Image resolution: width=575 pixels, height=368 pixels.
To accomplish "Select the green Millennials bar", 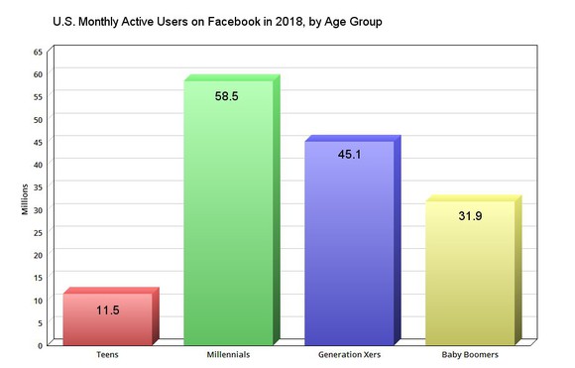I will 228,218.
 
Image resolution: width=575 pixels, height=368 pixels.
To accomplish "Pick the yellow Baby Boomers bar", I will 470,278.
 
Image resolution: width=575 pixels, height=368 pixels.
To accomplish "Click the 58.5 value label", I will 228,97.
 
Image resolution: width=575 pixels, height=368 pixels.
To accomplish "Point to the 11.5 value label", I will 107,310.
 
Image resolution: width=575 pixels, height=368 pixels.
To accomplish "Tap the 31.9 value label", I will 470,217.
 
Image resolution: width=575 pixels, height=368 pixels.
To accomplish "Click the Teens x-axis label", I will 108,354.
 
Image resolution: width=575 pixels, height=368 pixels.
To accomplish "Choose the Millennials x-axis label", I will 228,354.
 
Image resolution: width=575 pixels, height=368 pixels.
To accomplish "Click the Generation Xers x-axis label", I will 349,354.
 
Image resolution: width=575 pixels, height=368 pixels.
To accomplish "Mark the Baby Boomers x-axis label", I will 470,354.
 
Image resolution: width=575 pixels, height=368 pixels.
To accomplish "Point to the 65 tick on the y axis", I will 38,51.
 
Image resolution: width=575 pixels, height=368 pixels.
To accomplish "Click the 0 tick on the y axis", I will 40,344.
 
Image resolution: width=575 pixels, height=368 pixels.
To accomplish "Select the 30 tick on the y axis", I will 38,209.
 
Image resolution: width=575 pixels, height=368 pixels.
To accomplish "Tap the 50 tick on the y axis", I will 38,119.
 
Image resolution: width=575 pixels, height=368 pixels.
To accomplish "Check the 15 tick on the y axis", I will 38,277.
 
